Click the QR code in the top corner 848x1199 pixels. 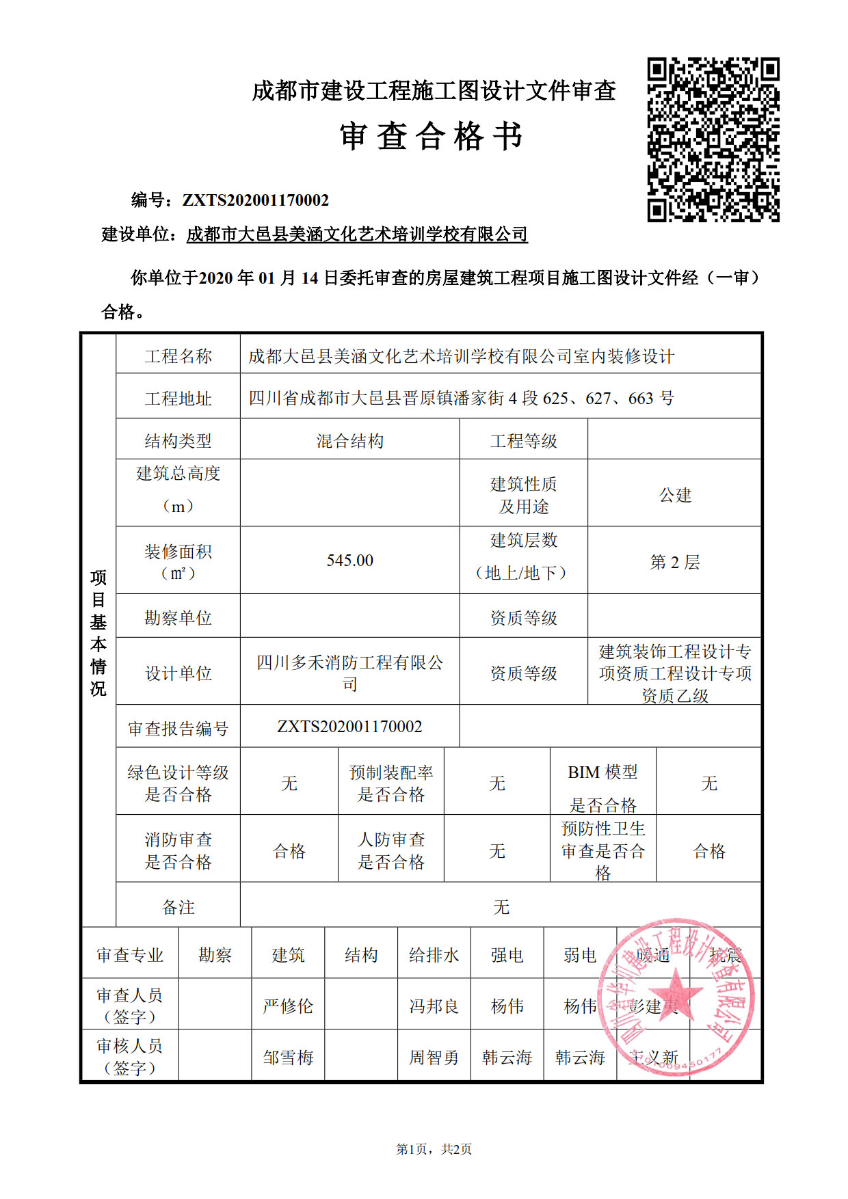pyautogui.click(x=713, y=139)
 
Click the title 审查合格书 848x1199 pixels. pyautogui.click(x=432, y=136)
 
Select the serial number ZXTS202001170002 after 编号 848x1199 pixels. pyautogui.click(x=255, y=200)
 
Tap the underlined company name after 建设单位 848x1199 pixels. pyautogui.click(x=357, y=234)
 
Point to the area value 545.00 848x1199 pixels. pyautogui.click(x=349, y=561)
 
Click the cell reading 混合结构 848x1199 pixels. pyautogui.click(x=349, y=441)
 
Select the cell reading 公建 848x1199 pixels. pyautogui.click(x=675, y=495)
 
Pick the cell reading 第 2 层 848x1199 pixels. pyautogui.click(x=675, y=562)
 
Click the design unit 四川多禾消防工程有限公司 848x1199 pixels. pyautogui.click(x=349, y=673)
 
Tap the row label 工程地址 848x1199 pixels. pyautogui.click(x=178, y=399)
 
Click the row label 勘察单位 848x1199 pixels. pyautogui.click(x=178, y=618)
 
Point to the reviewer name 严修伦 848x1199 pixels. pyautogui.click(x=288, y=1006)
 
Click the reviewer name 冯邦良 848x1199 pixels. pyautogui.click(x=434, y=1006)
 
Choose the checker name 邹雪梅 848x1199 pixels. pyautogui.click(x=288, y=1057)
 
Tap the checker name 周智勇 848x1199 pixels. pyautogui.click(x=434, y=1057)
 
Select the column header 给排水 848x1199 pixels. pyautogui.click(x=434, y=955)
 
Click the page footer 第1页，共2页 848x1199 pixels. pyautogui.click(x=434, y=1149)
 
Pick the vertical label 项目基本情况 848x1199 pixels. pyautogui.click(x=98, y=632)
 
